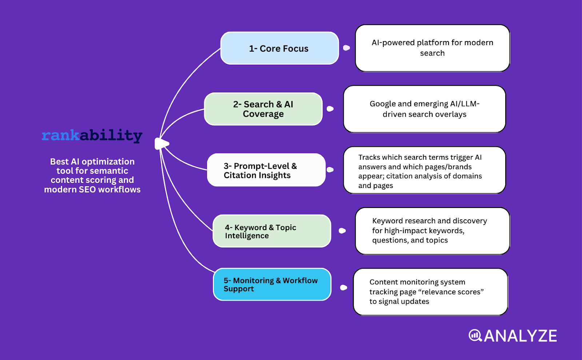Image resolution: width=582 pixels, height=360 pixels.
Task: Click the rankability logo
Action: click(92, 135)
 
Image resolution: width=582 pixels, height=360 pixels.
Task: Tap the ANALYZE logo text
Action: click(520, 336)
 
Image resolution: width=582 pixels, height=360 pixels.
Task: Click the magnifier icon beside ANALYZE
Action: click(475, 335)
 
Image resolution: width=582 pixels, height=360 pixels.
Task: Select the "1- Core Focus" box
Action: click(279, 48)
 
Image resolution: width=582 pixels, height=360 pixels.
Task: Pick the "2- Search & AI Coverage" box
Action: click(263, 109)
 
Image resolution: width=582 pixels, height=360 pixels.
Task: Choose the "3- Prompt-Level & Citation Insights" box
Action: click(266, 170)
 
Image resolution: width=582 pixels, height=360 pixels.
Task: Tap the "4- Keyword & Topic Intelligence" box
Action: click(271, 231)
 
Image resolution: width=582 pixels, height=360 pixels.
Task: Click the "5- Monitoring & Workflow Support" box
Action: click(272, 284)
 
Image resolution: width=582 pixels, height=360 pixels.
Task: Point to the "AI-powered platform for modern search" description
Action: click(432, 48)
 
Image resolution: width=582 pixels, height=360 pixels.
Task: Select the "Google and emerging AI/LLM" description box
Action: click(424, 109)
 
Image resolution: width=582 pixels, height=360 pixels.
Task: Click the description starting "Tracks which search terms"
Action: click(424, 170)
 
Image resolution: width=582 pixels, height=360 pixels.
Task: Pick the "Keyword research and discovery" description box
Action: click(432, 231)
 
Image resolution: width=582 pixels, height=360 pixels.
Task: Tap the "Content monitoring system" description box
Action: click(430, 292)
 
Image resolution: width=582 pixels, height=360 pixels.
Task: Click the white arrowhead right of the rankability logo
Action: click(162, 144)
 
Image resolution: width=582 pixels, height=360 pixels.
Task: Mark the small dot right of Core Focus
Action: click(346, 48)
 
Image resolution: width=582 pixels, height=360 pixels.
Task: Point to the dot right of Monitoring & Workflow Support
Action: click(343, 288)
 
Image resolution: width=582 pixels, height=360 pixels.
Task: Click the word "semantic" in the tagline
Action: click(110, 171)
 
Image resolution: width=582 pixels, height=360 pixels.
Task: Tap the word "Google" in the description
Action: click(383, 104)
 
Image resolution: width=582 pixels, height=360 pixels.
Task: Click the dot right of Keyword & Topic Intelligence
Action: click(342, 231)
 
